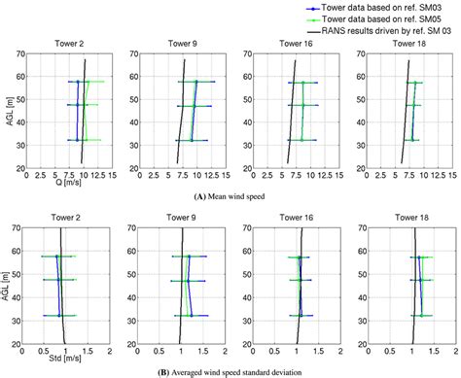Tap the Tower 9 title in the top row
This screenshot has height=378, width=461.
(x=185, y=45)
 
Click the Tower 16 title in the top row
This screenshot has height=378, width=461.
(x=297, y=45)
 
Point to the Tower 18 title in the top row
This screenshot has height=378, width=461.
(x=408, y=45)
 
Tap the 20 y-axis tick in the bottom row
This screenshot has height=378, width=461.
(x=21, y=343)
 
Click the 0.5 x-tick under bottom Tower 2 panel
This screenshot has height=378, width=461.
(x=42, y=351)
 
